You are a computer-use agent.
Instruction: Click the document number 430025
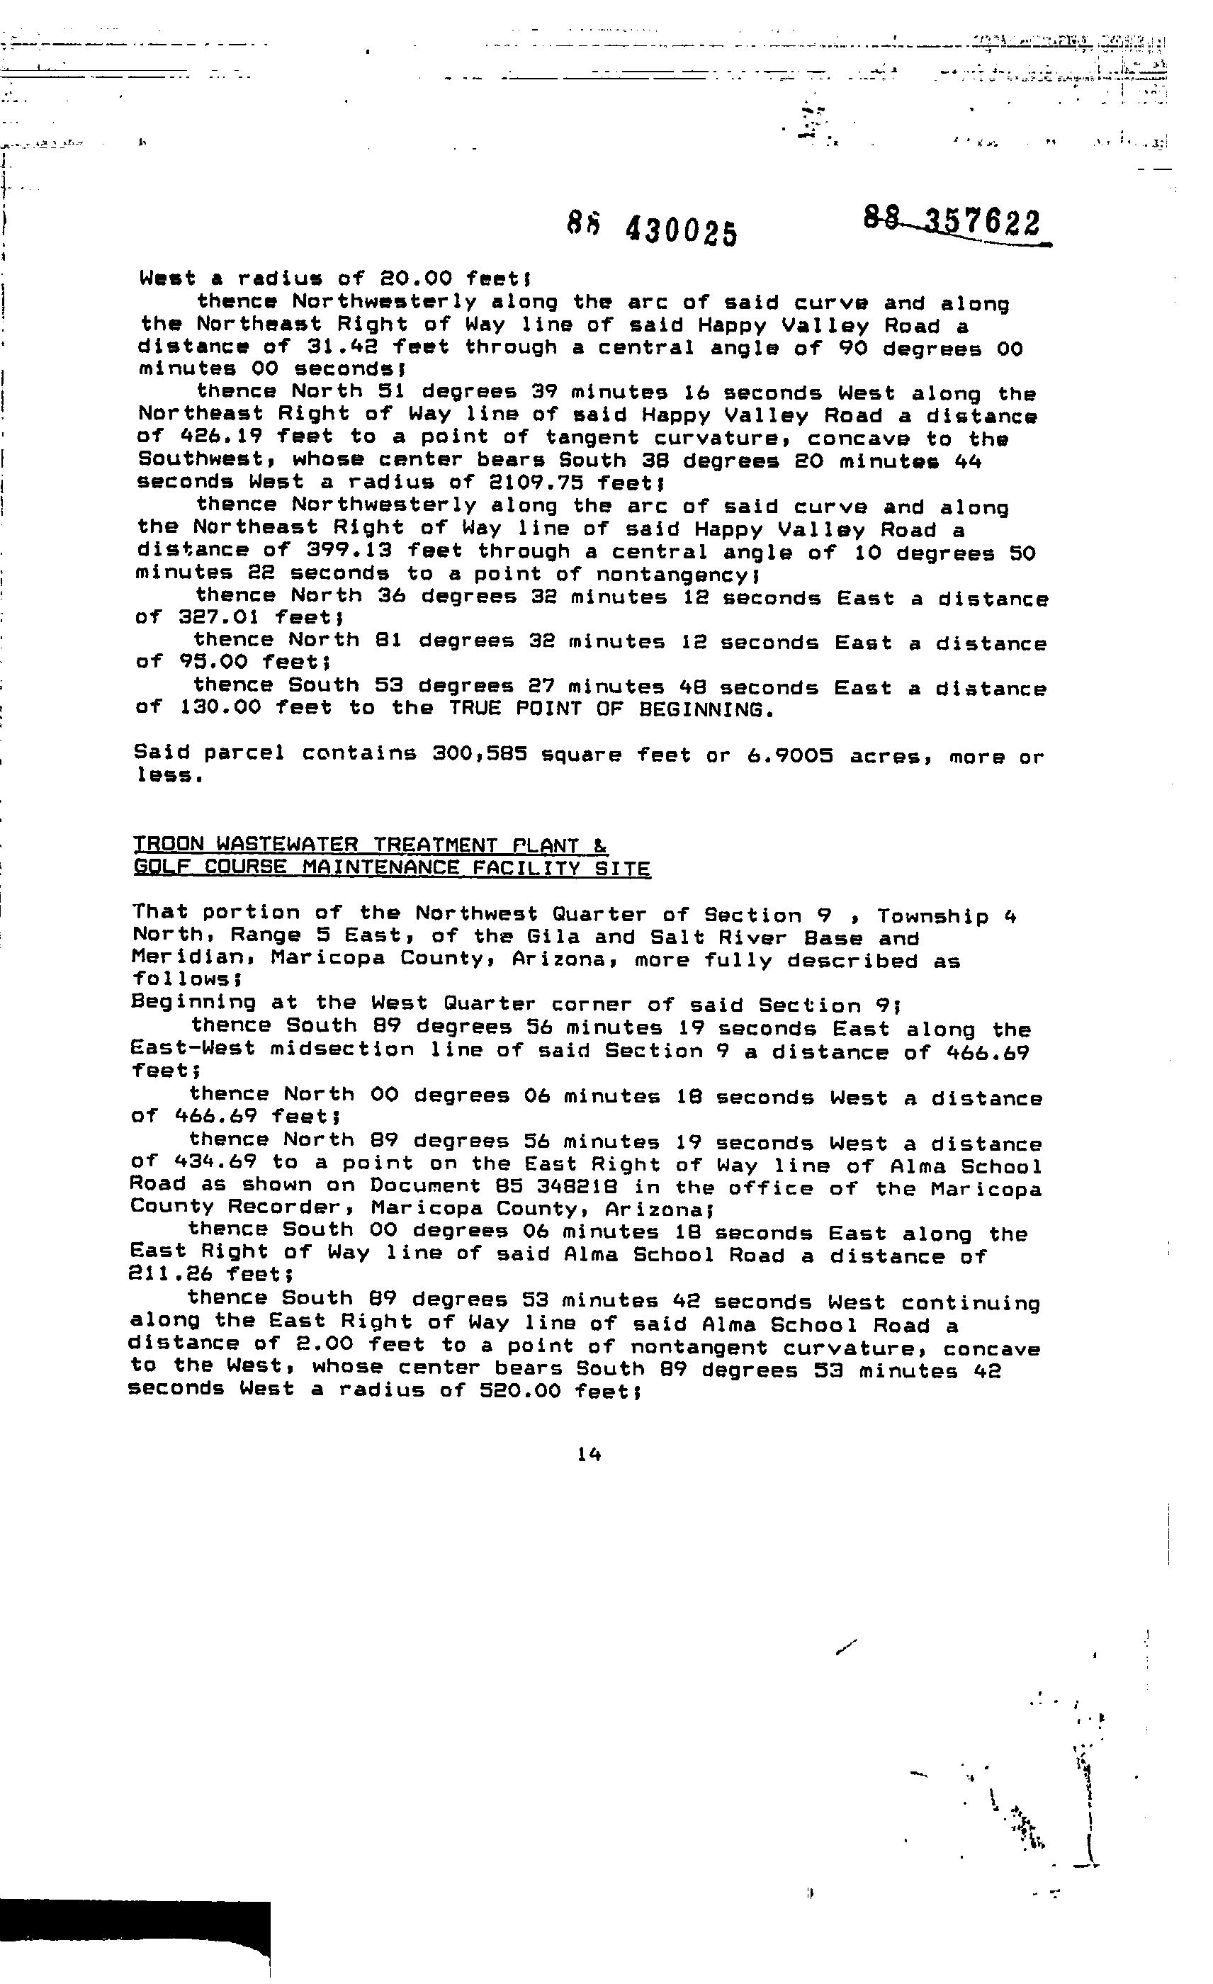680,232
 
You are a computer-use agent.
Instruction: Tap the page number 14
589,1454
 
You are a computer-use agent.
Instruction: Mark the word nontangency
673,574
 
